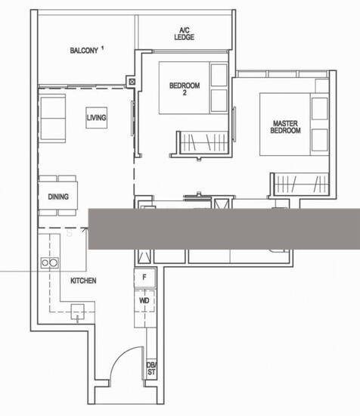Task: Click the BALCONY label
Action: click(84, 51)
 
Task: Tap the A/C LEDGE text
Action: click(184, 34)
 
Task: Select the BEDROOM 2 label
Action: click(185, 89)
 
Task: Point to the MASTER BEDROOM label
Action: click(285, 127)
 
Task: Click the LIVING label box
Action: click(97, 117)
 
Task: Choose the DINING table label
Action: click(58, 197)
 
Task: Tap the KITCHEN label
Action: click(83, 281)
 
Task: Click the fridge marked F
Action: click(144, 278)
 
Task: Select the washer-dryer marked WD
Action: click(144, 300)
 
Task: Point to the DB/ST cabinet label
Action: click(151, 368)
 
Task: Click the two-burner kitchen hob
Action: click(50, 262)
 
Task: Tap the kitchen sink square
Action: click(77, 311)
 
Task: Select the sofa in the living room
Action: click(52, 118)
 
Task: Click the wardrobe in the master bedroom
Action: click(300, 184)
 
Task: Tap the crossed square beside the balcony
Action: click(132, 82)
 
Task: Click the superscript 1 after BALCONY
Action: click(102, 48)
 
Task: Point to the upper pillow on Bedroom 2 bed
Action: click(219, 75)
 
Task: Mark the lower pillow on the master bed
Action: click(320, 140)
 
